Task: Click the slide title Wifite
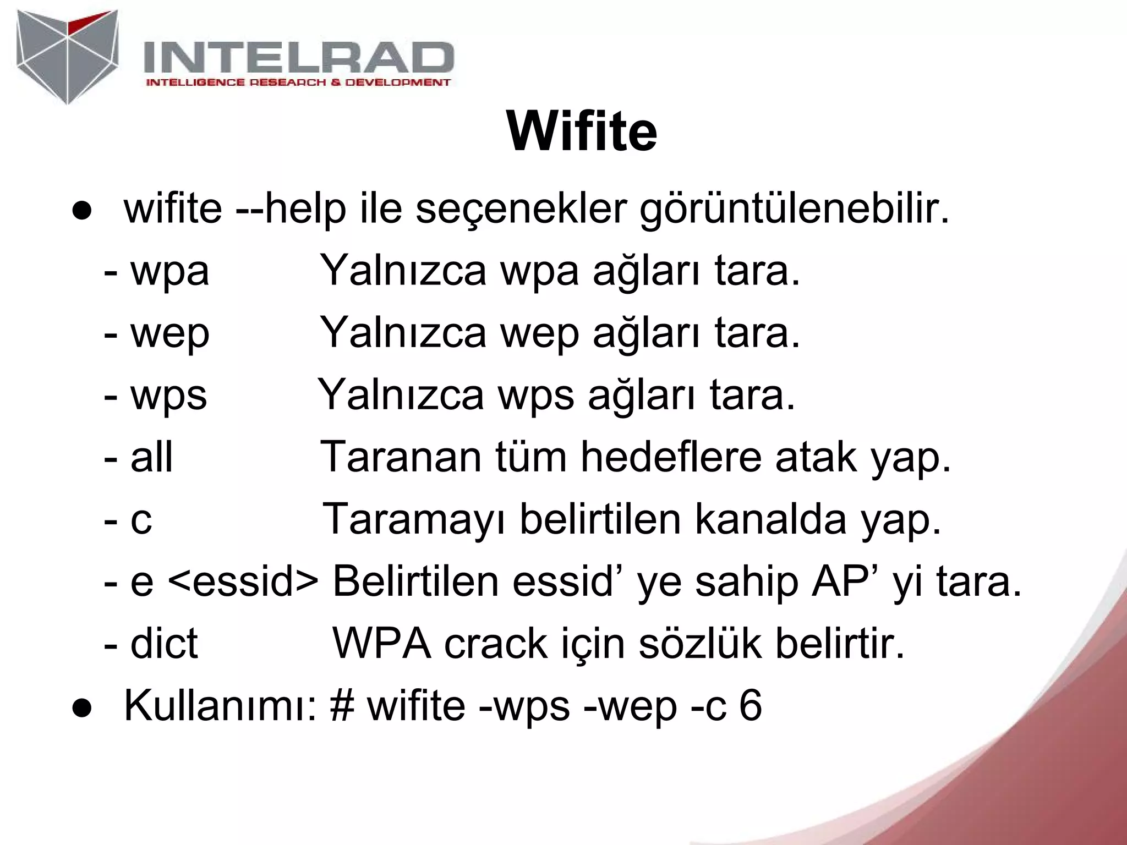(582, 132)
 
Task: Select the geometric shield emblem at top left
(67, 56)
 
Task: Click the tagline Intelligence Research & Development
(298, 83)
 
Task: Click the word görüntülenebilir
(794, 210)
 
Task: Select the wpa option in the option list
(169, 272)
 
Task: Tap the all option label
(151, 457)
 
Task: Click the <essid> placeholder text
(242, 582)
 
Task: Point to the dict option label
(163, 644)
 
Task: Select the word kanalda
(770, 519)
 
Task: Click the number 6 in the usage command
(751, 706)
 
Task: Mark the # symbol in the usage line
(342, 706)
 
